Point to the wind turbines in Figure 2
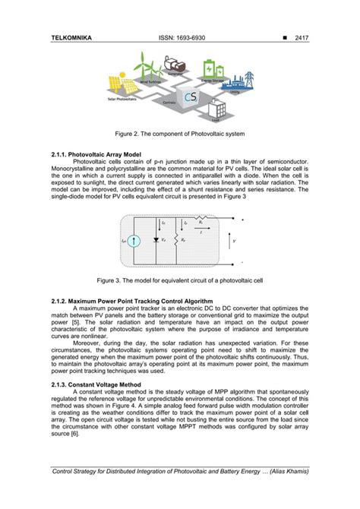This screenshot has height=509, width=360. tap(146, 64)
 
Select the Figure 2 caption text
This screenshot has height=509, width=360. tap(179, 134)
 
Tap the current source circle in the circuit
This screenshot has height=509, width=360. tap(134, 242)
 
